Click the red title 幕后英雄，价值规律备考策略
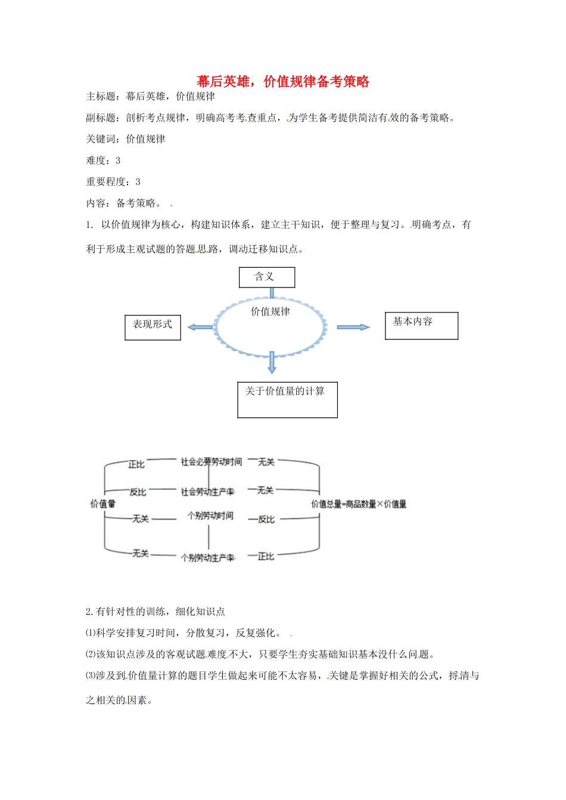click(283, 82)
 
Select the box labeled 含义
click(266, 277)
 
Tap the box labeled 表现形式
click(153, 327)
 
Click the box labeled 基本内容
click(421, 326)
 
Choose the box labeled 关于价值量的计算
click(287, 399)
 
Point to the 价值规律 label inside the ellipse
click(270, 311)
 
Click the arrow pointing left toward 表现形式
click(200, 327)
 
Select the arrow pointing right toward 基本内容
click(353, 327)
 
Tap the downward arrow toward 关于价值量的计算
click(272, 362)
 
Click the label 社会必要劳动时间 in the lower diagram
click(212, 461)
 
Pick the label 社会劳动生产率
click(207, 492)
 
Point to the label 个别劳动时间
click(210, 515)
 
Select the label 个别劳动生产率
click(208, 558)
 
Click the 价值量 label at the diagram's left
click(102, 504)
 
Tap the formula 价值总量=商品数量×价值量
click(359, 504)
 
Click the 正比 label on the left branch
click(136, 464)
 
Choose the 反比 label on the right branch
click(266, 519)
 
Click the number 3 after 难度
click(118, 160)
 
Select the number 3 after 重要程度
click(138, 182)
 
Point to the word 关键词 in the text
click(101, 139)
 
